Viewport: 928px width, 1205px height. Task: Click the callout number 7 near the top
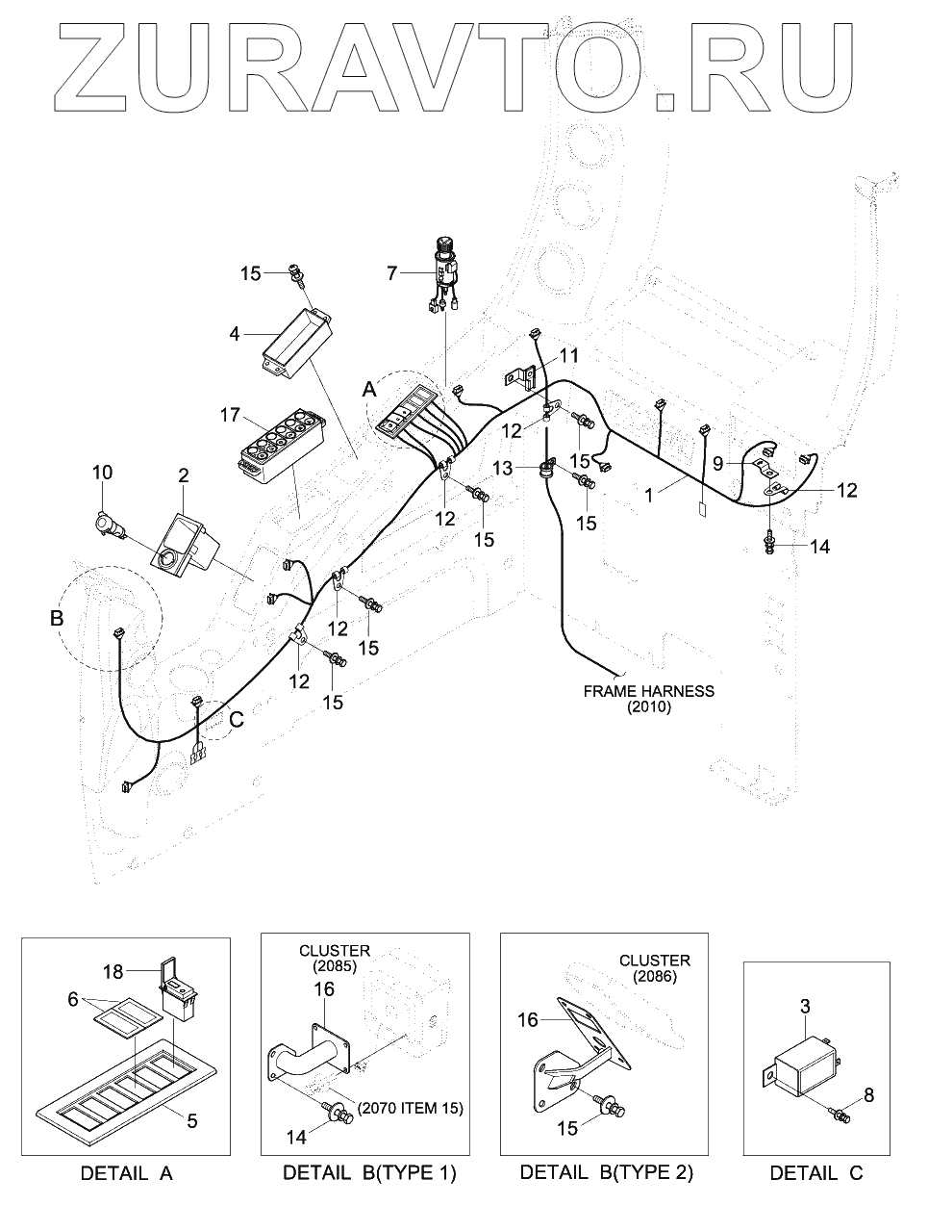(392, 273)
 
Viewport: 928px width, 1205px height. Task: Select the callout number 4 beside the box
(234, 335)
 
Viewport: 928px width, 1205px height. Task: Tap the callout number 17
(229, 416)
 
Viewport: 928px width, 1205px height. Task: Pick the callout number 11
(569, 355)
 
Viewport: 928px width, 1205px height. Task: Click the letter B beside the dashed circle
(57, 618)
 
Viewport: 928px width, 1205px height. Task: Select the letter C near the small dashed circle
(236, 718)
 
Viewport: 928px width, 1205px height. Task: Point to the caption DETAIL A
(126, 1173)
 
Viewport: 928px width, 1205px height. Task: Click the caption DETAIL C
(816, 1173)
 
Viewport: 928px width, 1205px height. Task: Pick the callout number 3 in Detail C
(805, 1008)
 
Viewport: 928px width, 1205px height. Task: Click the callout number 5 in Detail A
(190, 1120)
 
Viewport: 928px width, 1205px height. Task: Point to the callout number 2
(183, 475)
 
